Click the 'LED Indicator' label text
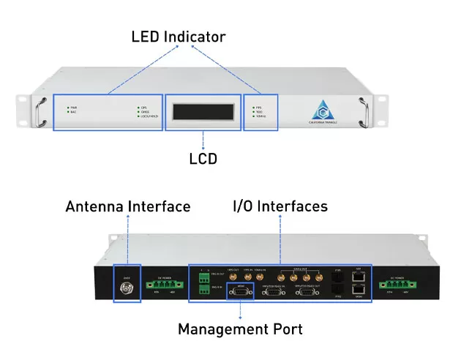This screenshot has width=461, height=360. click(178, 36)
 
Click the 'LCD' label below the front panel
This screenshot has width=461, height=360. click(203, 157)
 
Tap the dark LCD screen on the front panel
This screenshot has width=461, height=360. click(202, 112)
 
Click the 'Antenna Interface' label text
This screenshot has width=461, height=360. click(128, 207)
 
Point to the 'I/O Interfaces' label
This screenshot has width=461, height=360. click(280, 207)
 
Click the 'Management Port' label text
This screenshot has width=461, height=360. click(240, 329)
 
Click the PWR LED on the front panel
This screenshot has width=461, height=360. click(69, 107)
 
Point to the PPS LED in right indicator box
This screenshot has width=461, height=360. click(252, 106)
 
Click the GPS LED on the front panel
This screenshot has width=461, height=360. click(138, 107)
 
